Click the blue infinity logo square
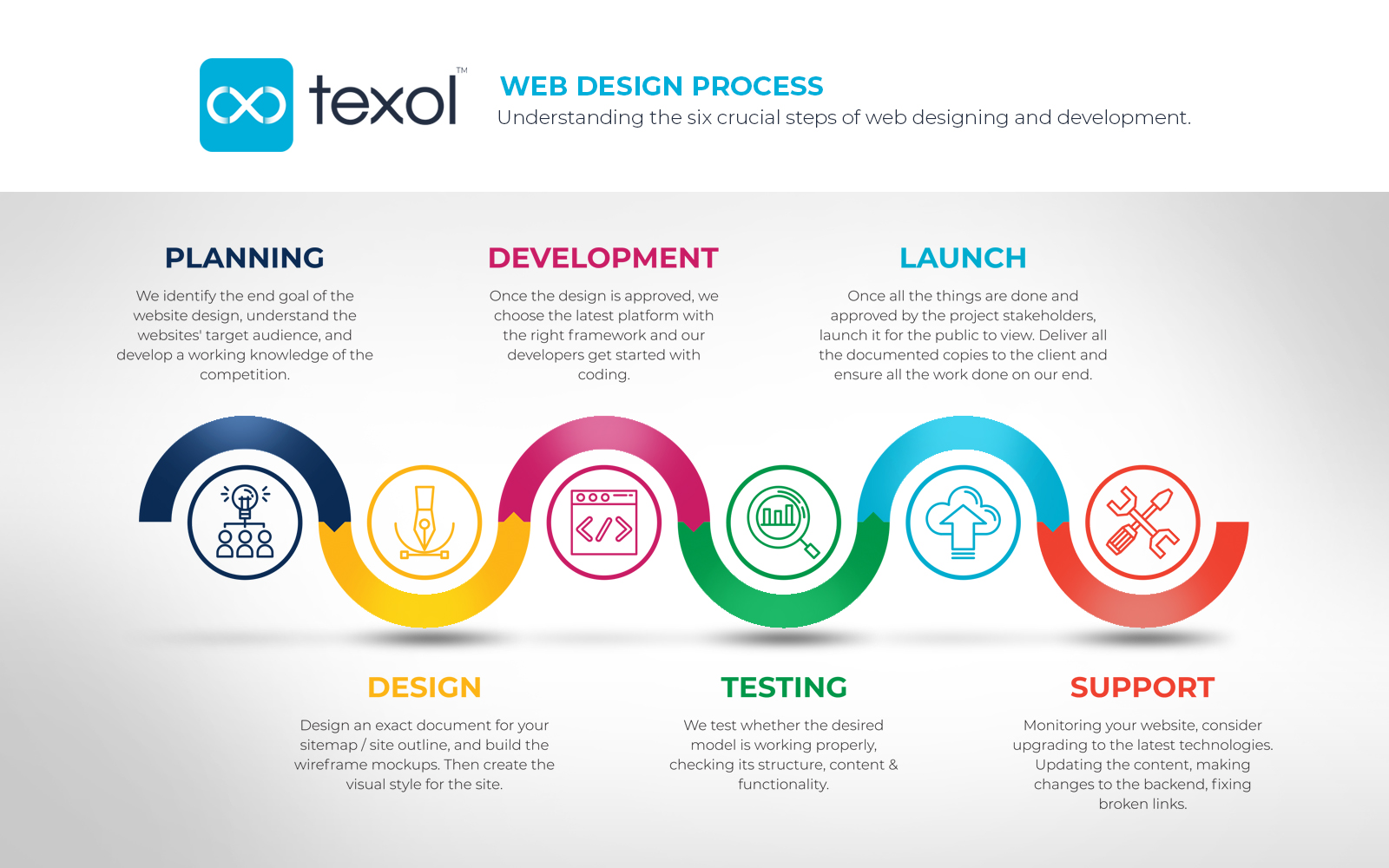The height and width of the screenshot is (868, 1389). [x=247, y=105]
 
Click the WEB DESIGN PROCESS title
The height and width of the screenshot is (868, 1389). [x=662, y=86]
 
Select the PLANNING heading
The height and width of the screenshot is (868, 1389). [x=244, y=258]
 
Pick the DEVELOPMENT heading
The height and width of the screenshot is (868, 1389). [x=603, y=258]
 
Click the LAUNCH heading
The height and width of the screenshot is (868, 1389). [x=963, y=258]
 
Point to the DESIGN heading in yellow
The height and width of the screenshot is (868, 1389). [x=425, y=687]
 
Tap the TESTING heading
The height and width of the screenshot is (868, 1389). [x=784, y=687]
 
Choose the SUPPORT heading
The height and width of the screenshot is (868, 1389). [x=1142, y=687]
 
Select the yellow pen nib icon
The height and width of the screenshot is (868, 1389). [x=425, y=522]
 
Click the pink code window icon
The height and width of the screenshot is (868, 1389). [x=604, y=523]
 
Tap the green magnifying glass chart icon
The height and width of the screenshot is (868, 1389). [x=783, y=522]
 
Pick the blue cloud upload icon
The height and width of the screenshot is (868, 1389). [x=963, y=522]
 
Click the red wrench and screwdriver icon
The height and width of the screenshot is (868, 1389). [x=1142, y=522]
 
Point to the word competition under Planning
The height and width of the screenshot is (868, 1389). [x=244, y=374]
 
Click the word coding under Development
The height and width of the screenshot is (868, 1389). [x=604, y=375]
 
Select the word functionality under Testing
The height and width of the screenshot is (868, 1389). [x=783, y=785]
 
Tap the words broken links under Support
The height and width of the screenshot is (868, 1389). [x=1142, y=804]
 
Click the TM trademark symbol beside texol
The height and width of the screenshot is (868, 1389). [x=462, y=70]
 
